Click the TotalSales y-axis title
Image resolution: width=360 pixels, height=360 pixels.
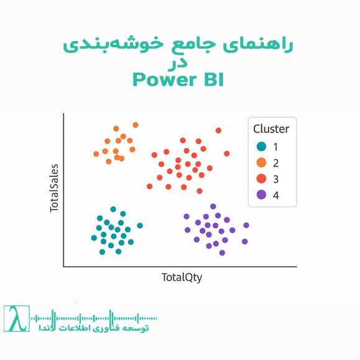click(x=55, y=188)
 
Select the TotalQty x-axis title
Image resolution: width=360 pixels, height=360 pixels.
click(x=182, y=277)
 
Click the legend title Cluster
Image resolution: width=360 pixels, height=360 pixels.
click(x=271, y=129)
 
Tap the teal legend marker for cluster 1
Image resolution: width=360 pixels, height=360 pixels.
click(x=261, y=147)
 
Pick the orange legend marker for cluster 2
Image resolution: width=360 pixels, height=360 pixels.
click(x=261, y=163)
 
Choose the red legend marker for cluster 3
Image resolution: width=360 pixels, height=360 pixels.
click(x=261, y=178)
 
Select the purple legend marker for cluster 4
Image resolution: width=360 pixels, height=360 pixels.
click(x=261, y=195)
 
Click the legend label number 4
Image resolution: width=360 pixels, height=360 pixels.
click(x=275, y=195)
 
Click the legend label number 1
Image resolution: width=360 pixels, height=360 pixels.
click(x=275, y=147)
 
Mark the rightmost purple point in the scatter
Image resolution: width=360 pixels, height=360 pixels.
click(x=246, y=225)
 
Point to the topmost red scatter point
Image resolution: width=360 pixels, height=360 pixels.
click(x=218, y=131)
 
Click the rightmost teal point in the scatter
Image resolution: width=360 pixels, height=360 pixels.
click(x=140, y=226)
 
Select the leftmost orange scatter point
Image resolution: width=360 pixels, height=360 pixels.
click(x=96, y=154)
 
